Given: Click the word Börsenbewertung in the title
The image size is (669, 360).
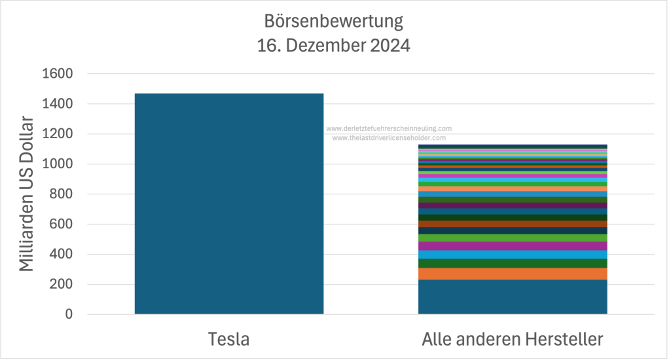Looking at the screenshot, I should pos(334,22).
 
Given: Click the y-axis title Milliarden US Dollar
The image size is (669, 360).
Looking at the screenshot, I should pos(26,194).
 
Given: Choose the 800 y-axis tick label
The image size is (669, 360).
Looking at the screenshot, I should pos(60,194).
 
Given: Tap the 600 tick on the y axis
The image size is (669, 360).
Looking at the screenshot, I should pos(60,225).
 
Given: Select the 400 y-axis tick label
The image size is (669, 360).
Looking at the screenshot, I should pos(60,255).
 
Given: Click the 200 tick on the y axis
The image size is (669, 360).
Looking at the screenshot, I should pos(60,285).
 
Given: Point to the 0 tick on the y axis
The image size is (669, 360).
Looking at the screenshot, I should pos(68,315).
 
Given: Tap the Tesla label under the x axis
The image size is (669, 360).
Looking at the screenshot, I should pos(229,340).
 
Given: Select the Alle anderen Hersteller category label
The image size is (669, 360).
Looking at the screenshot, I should pos(512,340).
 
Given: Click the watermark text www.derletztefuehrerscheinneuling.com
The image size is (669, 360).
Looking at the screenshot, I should pos(389,129).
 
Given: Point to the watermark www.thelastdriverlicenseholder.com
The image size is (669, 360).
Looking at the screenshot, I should pos(389,138).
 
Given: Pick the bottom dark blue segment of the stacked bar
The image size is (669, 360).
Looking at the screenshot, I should pos(513,297).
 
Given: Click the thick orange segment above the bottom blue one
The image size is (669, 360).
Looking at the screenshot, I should pos(513,274).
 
